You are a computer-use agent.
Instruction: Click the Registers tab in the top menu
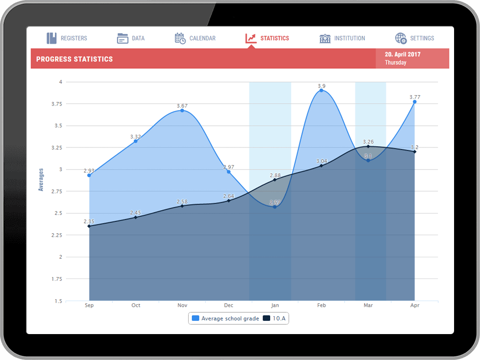pyautogui.click(x=66, y=38)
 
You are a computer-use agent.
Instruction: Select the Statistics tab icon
pyautogui.click(x=251, y=38)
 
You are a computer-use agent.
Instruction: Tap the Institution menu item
pyautogui.click(x=342, y=38)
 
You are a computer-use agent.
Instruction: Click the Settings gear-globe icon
pyautogui.click(x=401, y=38)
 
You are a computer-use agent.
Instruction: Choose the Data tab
pyautogui.click(x=131, y=38)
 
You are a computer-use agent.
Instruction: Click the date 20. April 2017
pyautogui.click(x=402, y=54)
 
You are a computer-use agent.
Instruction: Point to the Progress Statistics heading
pyautogui.click(x=74, y=59)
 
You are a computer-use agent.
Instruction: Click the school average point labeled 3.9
pyautogui.click(x=322, y=90)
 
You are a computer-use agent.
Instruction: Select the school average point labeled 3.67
pyautogui.click(x=182, y=110)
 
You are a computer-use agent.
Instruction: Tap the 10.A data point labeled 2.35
pyautogui.click(x=89, y=226)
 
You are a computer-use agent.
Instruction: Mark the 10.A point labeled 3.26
pyautogui.click(x=368, y=147)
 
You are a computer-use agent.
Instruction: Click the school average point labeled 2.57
pyautogui.click(x=275, y=207)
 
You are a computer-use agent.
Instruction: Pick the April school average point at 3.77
pyautogui.click(x=415, y=102)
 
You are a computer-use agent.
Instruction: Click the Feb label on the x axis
pyautogui.click(x=322, y=305)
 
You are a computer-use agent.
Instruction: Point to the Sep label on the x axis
pyautogui.click(x=89, y=305)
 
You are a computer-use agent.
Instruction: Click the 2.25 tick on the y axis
pyautogui.click(x=56, y=235)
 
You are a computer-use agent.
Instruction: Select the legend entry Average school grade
pyautogui.click(x=225, y=319)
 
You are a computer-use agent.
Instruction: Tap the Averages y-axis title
pyautogui.click(x=41, y=180)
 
